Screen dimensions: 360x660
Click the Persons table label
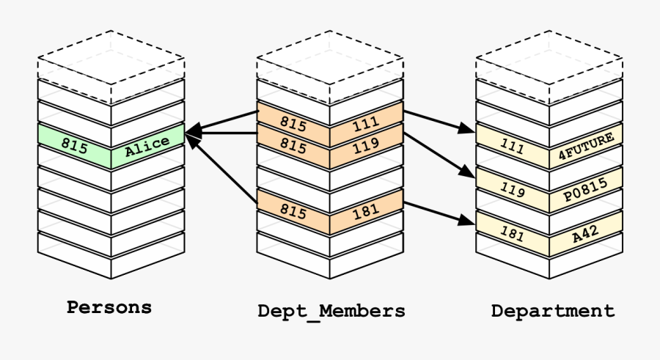pyautogui.click(x=109, y=307)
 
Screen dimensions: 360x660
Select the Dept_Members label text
pyautogui.click(x=331, y=311)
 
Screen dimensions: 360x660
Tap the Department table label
pyautogui.click(x=553, y=311)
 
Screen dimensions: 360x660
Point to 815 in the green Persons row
pyautogui.click(x=75, y=146)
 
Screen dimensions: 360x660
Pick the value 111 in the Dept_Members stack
pyautogui.click(x=365, y=125)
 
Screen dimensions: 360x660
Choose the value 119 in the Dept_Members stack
pyautogui.click(x=365, y=146)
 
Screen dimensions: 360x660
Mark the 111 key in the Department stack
pyautogui.click(x=512, y=147)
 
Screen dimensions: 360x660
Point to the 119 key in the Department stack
pyautogui.click(x=512, y=191)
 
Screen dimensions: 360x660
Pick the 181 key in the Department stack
pyautogui.click(x=512, y=234)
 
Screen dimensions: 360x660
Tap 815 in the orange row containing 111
pyautogui.click(x=293, y=125)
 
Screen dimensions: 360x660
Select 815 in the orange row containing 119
pyautogui.click(x=293, y=146)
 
